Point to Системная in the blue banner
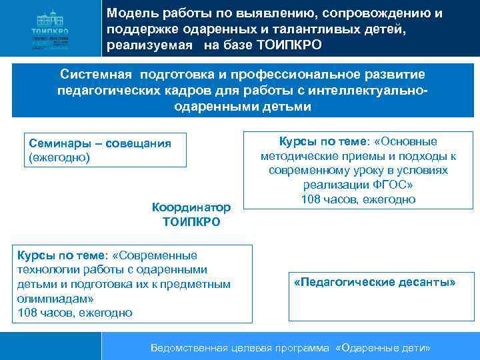(x=94, y=73)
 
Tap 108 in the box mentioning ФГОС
(x=311, y=199)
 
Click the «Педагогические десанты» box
(x=374, y=282)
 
